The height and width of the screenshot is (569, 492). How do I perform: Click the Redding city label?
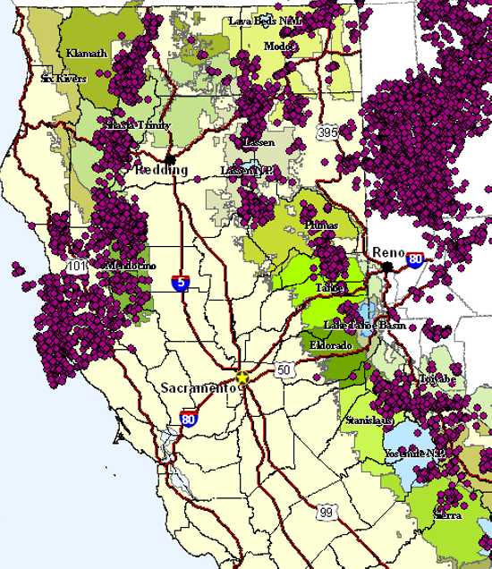click(x=161, y=170)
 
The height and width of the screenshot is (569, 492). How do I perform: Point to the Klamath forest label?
click(x=87, y=54)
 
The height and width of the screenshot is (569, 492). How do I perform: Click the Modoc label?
click(x=278, y=47)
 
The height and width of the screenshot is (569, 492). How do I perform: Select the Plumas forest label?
click(x=321, y=225)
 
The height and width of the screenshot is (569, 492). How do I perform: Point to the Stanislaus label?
click(x=367, y=419)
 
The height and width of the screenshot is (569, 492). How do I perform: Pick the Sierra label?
click(x=447, y=515)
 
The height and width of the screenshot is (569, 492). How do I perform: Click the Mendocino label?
click(x=131, y=266)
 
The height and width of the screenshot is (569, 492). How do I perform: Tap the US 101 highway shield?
click(x=75, y=267)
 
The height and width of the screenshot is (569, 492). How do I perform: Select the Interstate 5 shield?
click(x=182, y=283)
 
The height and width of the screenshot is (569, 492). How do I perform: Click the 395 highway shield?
click(x=327, y=132)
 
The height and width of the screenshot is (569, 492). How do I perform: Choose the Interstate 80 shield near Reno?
click(x=415, y=259)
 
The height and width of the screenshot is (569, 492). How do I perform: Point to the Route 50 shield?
click(x=284, y=369)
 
